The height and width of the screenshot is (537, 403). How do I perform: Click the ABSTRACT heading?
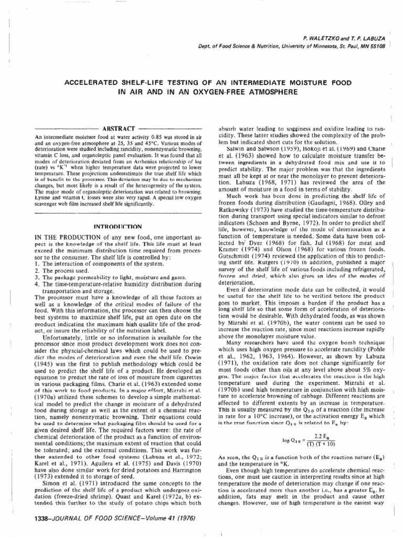point(118,128)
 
